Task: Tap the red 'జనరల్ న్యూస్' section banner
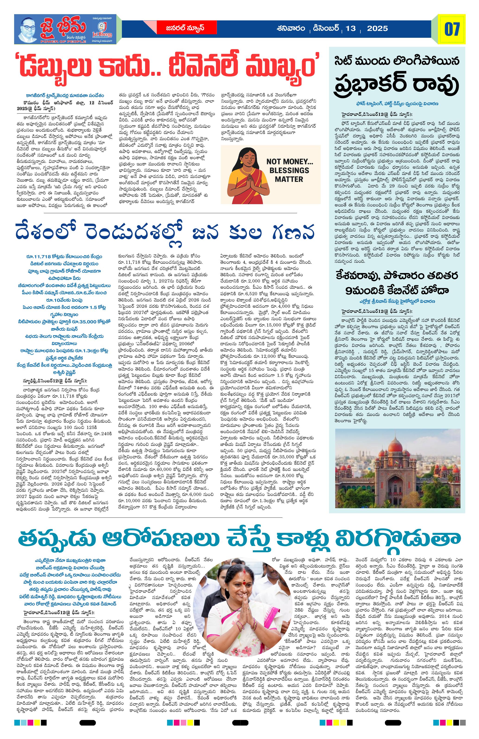pyautogui.click(x=187, y=28)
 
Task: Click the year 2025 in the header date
pyautogui.click(x=377, y=29)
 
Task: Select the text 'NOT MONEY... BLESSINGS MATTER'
pyautogui.click(x=289, y=170)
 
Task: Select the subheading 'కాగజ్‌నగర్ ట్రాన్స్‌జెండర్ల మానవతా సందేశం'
pyautogui.click(x=65, y=95)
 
